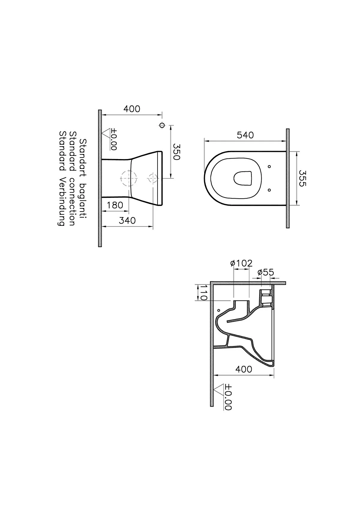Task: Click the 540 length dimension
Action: point(245,135)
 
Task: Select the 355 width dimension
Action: point(302,178)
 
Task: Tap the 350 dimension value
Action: point(176,152)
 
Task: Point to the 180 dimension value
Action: point(115,205)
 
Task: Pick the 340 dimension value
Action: point(127,220)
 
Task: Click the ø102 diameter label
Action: point(241,263)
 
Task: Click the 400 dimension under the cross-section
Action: point(244,369)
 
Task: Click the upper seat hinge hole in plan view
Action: point(269,167)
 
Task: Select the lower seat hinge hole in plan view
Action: point(269,190)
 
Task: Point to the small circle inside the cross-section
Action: point(219,310)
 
